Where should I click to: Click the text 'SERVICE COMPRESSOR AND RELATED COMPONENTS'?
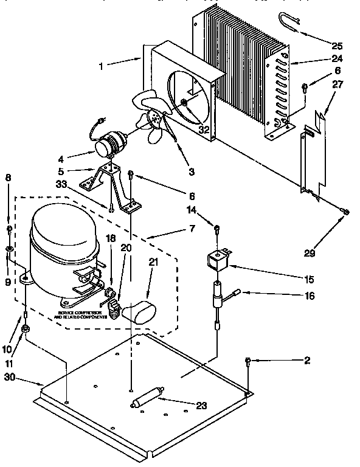84,316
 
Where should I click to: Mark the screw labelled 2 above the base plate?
249,362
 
